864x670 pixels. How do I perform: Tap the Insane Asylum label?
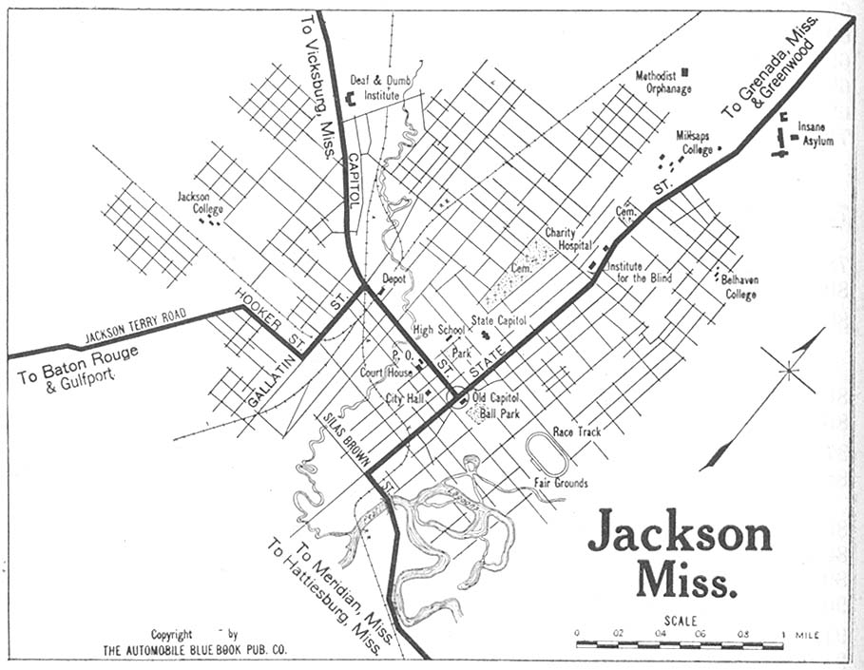pos(815,133)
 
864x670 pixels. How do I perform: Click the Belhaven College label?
pos(738,287)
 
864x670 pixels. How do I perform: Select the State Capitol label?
pos(498,321)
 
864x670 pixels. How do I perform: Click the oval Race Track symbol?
pos(547,454)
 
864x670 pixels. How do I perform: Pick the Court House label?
pos(386,373)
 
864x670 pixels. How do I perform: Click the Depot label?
pos(394,279)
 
